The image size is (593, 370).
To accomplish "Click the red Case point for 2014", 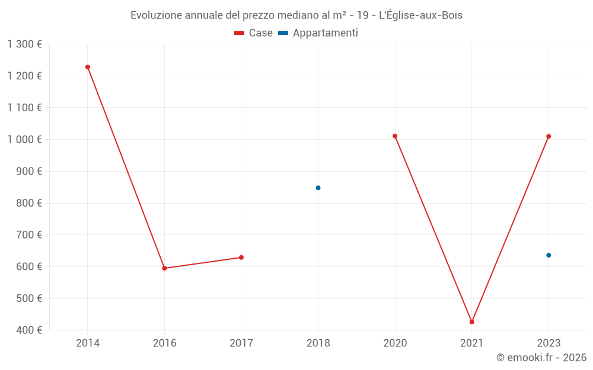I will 88,67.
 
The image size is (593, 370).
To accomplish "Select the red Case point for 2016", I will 164,268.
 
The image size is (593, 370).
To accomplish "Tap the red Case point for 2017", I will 241,258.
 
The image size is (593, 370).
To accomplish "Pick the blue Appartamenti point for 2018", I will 318,188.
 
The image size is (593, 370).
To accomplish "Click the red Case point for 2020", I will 395,136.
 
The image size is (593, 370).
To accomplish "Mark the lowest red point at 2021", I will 472,322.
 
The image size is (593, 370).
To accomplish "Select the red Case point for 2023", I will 549,136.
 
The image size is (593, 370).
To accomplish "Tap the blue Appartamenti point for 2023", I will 549,255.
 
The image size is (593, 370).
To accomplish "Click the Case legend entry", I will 254,33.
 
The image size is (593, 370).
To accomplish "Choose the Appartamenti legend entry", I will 318,33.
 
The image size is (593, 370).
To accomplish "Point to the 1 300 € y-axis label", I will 24,44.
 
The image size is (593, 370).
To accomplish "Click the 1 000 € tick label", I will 24,139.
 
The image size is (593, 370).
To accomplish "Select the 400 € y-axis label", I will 30,330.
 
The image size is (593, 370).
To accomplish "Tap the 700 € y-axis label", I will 30,234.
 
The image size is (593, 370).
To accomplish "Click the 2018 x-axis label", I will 318,343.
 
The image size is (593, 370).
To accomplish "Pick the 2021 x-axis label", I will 472,343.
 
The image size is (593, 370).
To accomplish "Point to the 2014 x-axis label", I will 88,343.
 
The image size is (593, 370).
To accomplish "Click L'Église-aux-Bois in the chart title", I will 420,15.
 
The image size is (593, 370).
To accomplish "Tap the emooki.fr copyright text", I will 541,358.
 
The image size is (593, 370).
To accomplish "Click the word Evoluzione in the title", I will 156,15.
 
